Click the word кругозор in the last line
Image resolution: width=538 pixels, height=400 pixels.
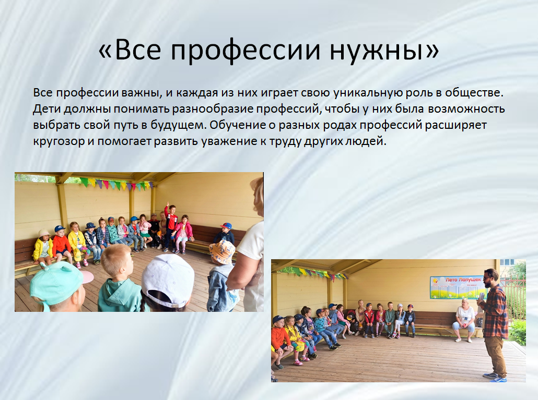(x=59, y=141)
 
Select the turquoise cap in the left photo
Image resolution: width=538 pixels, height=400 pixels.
(x=59, y=283)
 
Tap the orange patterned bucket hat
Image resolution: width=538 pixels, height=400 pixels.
(x=222, y=252)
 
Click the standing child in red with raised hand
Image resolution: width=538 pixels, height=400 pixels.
(x=170, y=226)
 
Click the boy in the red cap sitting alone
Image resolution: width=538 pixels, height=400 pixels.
(x=225, y=235)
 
